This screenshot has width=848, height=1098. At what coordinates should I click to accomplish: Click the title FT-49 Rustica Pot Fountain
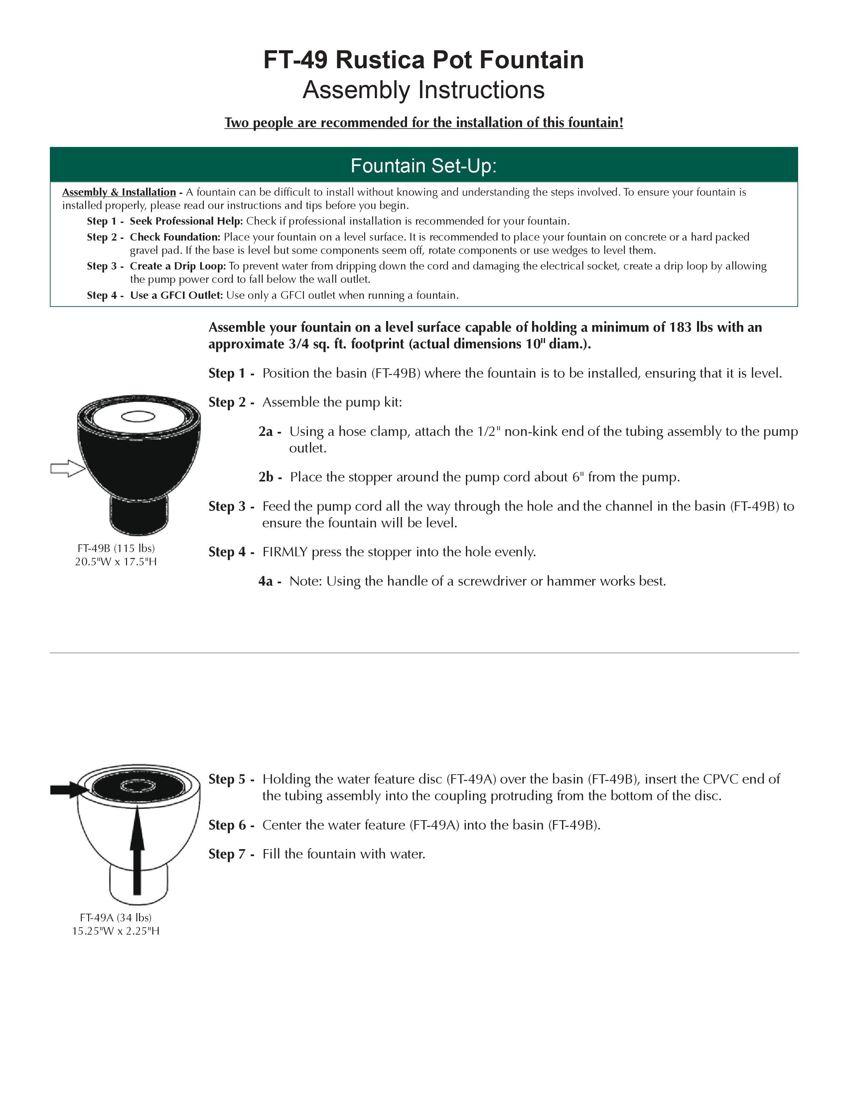[x=423, y=60]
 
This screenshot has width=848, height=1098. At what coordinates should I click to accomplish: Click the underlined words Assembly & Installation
[x=119, y=192]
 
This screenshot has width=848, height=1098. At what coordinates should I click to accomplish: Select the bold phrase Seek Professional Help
[x=186, y=221]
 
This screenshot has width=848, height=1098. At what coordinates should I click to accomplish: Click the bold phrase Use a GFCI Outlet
[x=176, y=295]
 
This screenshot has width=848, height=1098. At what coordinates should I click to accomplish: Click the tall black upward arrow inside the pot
[x=137, y=850]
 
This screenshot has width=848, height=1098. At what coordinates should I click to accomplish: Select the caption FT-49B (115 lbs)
[x=116, y=548]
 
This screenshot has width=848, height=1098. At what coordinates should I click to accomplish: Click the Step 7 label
[x=227, y=854]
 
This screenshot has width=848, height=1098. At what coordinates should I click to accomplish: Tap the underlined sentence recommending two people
[x=423, y=123]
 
